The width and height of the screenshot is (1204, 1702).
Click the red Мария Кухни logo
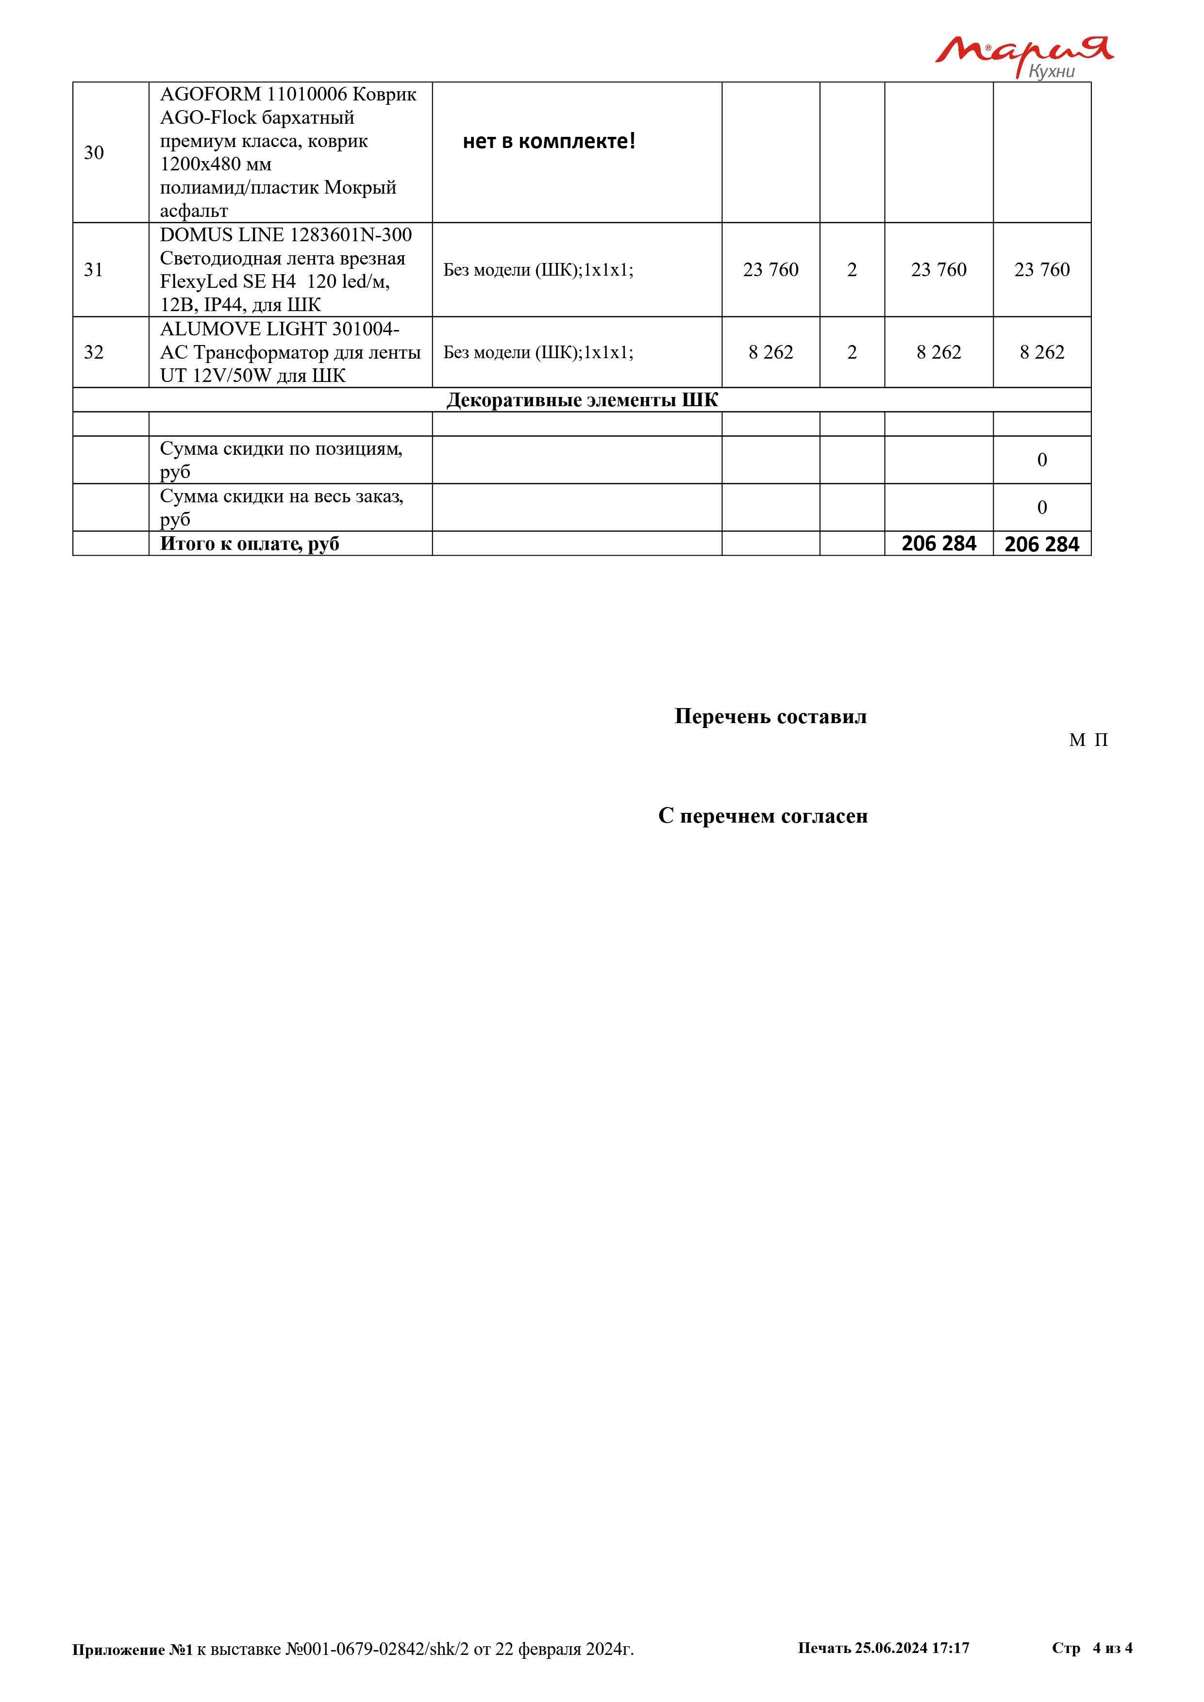click(x=1023, y=56)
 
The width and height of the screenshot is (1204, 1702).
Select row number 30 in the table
click(x=93, y=153)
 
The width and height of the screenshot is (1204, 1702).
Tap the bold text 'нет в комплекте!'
click(x=549, y=141)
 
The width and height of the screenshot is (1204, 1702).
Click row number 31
click(x=93, y=270)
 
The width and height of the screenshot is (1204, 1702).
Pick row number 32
click(x=93, y=352)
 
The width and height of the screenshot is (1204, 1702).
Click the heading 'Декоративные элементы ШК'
click(x=582, y=400)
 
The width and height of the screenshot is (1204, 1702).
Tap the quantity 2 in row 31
click(x=852, y=270)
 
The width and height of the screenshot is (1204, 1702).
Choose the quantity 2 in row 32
click(x=852, y=352)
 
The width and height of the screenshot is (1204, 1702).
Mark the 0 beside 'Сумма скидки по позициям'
click(x=1042, y=461)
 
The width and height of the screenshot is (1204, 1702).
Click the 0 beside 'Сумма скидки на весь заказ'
click(x=1042, y=508)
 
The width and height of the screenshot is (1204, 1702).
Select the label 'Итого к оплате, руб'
click(x=249, y=544)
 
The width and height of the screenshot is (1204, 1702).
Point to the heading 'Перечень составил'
click(x=770, y=717)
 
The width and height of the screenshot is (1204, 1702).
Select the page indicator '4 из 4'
click(x=1112, y=1648)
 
